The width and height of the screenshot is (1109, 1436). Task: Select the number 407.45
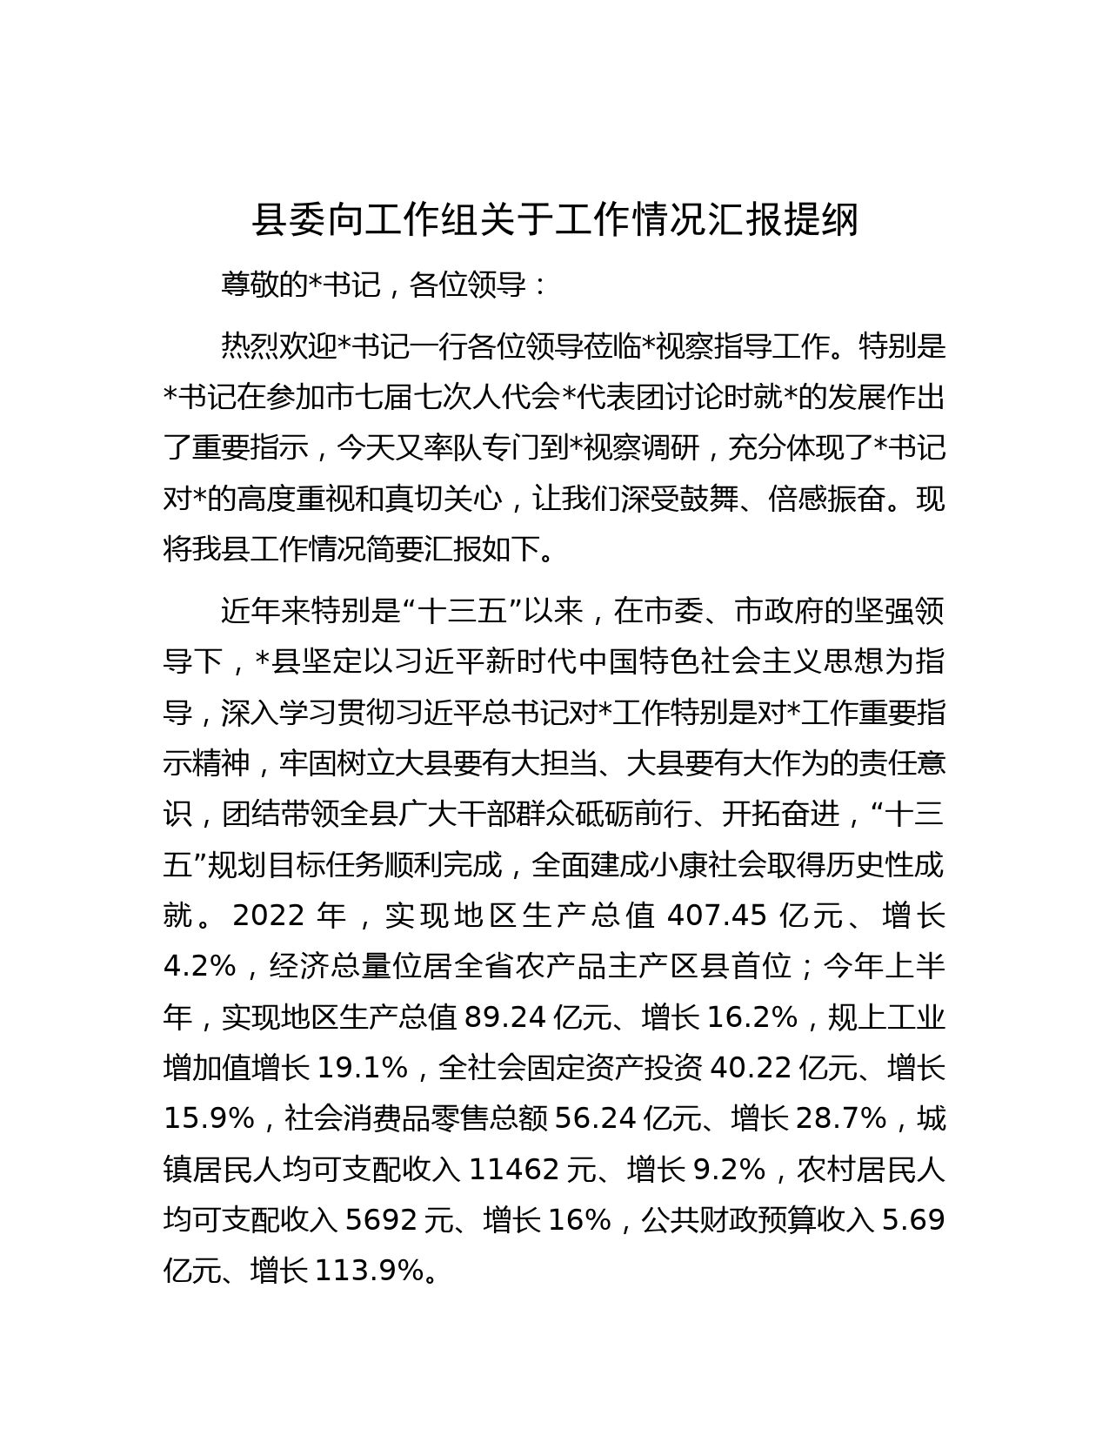point(717,915)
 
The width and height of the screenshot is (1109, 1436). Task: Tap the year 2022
point(270,915)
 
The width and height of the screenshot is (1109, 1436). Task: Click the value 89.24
point(518,1017)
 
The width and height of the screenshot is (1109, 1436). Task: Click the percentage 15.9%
point(209,1118)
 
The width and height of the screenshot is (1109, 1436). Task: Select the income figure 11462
point(513,1170)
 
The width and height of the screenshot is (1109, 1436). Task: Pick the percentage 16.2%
point(754,1017)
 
